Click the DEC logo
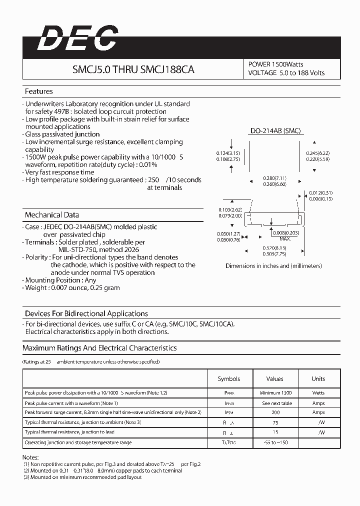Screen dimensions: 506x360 click(x=78, y=38)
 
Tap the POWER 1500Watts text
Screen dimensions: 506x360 click(x=275, y=64)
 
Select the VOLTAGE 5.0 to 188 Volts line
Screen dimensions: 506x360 click(x=286, y=73)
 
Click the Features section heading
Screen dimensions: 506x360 click(x=38, y=91)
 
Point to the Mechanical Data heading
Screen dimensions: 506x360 click(x=52, y=215)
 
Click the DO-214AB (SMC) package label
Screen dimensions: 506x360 click(x=275, y=131)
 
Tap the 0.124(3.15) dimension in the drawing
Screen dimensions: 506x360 click(x=228, y=153)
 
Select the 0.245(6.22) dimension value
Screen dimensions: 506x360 click(x=317, y=153)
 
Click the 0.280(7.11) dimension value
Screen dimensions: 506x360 click(x=274, y=177)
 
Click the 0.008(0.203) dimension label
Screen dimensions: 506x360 click(x=286, y=232)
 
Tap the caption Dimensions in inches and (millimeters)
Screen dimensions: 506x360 click(x=273, y=266)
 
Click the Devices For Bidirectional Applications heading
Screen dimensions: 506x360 click(x=86, y=313)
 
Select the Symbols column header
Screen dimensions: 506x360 click(x=228, y=379)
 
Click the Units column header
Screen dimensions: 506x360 click(x=318, y=379)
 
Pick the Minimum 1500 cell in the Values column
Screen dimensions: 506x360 click(x=275, y=393)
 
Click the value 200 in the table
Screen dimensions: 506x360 click(x=275, y=412)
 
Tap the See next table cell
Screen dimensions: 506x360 click(x=275, y=403)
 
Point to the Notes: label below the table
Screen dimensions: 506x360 click(x=30, y=457)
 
